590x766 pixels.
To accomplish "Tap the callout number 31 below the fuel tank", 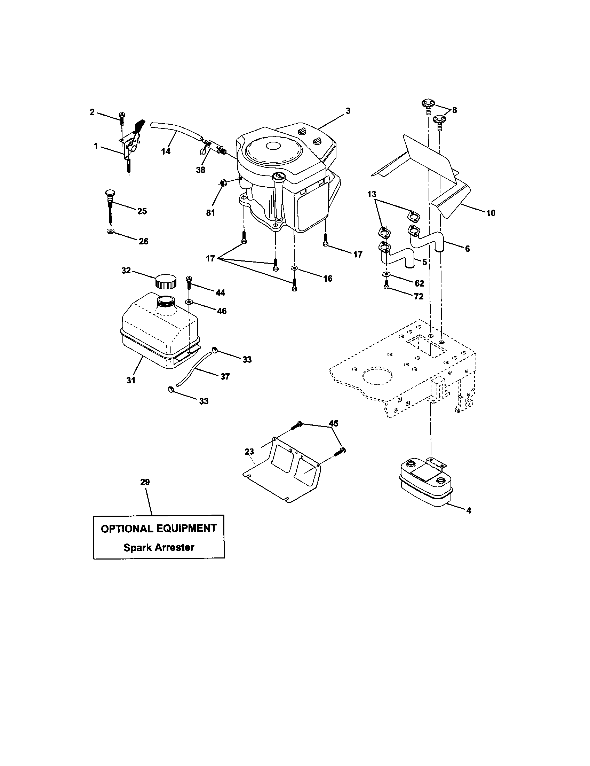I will click(x=131, y=380).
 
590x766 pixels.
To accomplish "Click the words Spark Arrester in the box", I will click(x=159, y=547).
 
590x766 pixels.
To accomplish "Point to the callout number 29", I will click(x=145, y=482).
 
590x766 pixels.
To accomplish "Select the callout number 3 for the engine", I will click(x=348, y=111).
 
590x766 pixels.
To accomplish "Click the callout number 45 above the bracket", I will click(x=333, y=423).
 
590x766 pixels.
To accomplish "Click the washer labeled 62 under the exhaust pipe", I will click(x=386, y=274).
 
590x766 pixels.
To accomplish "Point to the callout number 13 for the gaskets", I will click(x=372, y=194).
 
